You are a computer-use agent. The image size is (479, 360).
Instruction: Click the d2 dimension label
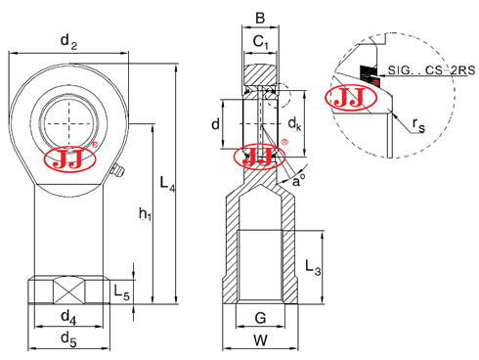[x=68, y=42]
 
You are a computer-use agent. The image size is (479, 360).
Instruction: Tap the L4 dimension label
[x=167, y=184]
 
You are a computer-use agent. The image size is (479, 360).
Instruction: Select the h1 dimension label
[x=145, y=214]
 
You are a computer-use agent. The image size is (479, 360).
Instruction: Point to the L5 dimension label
[x=121, y=292]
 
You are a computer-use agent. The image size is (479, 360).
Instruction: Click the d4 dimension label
[x=68, y=317]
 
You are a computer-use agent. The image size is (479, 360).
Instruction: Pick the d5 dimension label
[x=68, y=339]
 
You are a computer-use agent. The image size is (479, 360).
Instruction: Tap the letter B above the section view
[x=260, y=19]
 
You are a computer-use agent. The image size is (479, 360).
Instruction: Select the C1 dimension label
[x=261, y=42]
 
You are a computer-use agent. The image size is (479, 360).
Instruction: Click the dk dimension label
[x=295, y=124]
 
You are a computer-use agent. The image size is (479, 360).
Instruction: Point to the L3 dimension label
[x=313, y=267]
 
